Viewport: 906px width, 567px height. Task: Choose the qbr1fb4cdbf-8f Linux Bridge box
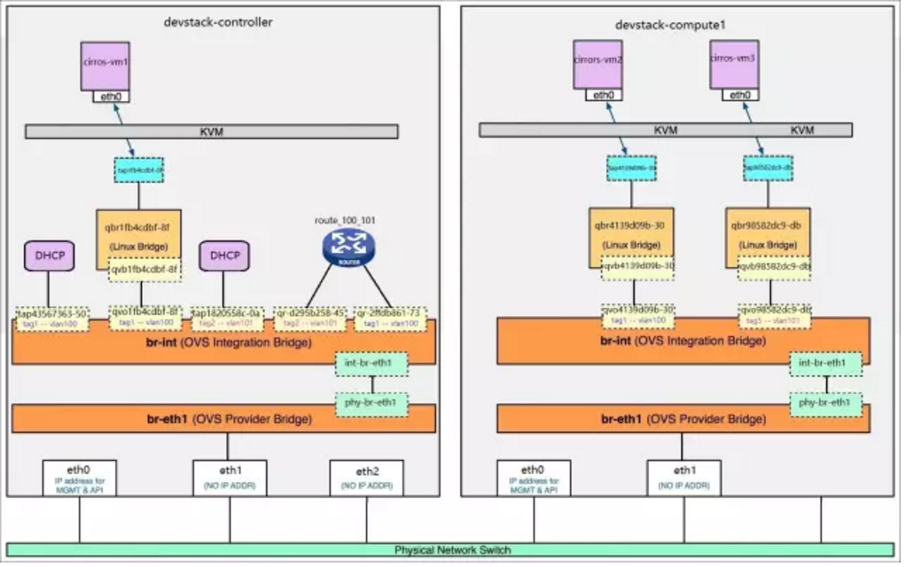click(x=137, y=232)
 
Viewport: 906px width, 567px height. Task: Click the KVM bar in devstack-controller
click(x=212, y=130)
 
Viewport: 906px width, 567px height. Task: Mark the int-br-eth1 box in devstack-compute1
click(x=825, y=364)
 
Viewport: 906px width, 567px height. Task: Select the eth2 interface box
click(x=366, y=477)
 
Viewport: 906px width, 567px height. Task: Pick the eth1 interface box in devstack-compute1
click(x=683, y=477)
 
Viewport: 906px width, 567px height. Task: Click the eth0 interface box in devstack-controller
click(x=79, y=477)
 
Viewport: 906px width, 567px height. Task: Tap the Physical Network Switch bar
click(x=452, y=550)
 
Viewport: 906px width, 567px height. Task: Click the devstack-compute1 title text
click(x=670, y=24)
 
